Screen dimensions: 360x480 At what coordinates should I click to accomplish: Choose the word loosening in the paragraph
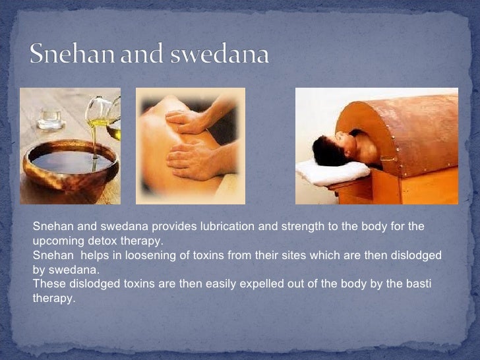(135, 255)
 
